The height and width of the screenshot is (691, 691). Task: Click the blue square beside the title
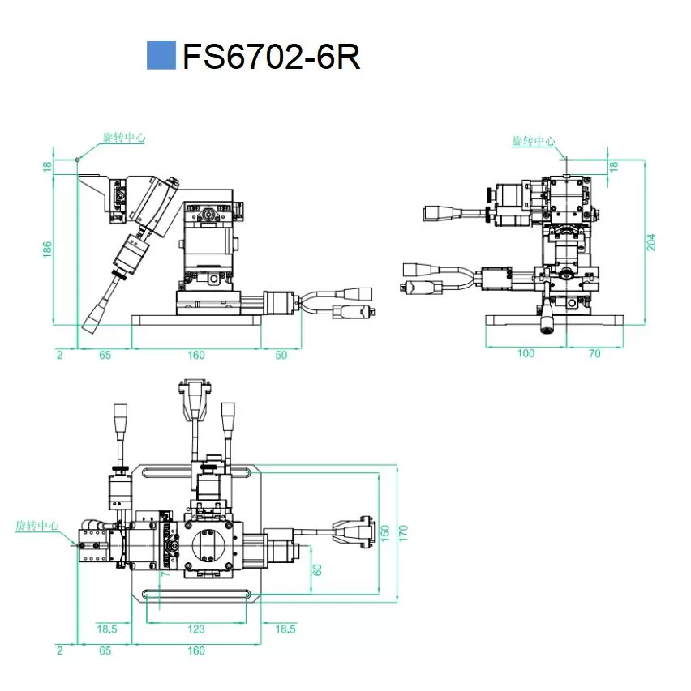[160, 55]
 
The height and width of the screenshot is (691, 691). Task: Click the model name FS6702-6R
[271, 57]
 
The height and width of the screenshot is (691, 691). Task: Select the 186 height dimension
[47, 248]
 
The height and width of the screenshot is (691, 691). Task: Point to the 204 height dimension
[651, 241]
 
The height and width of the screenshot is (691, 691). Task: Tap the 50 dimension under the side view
[281, 355]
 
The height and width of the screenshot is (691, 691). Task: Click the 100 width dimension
[526, 354]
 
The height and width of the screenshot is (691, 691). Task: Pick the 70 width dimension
[594, 354]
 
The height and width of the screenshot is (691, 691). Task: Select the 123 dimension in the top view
[195, 629]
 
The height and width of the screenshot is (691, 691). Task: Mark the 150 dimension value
[385, 533]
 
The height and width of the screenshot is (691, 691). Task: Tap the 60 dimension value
[317, 569]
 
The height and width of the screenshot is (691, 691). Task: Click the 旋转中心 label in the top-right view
[533, 141]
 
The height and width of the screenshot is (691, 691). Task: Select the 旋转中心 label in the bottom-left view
[37, 526]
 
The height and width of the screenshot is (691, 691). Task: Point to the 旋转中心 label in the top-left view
[123, 138]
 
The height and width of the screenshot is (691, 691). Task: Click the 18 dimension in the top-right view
[614, 165]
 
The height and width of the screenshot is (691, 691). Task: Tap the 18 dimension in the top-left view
[47, 166]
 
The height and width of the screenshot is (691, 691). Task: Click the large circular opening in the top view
[207, 545]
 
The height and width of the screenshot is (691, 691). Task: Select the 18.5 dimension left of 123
[107, 629]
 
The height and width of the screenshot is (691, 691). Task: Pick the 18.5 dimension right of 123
[285, 629]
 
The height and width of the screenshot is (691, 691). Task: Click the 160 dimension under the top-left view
[195, 355]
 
